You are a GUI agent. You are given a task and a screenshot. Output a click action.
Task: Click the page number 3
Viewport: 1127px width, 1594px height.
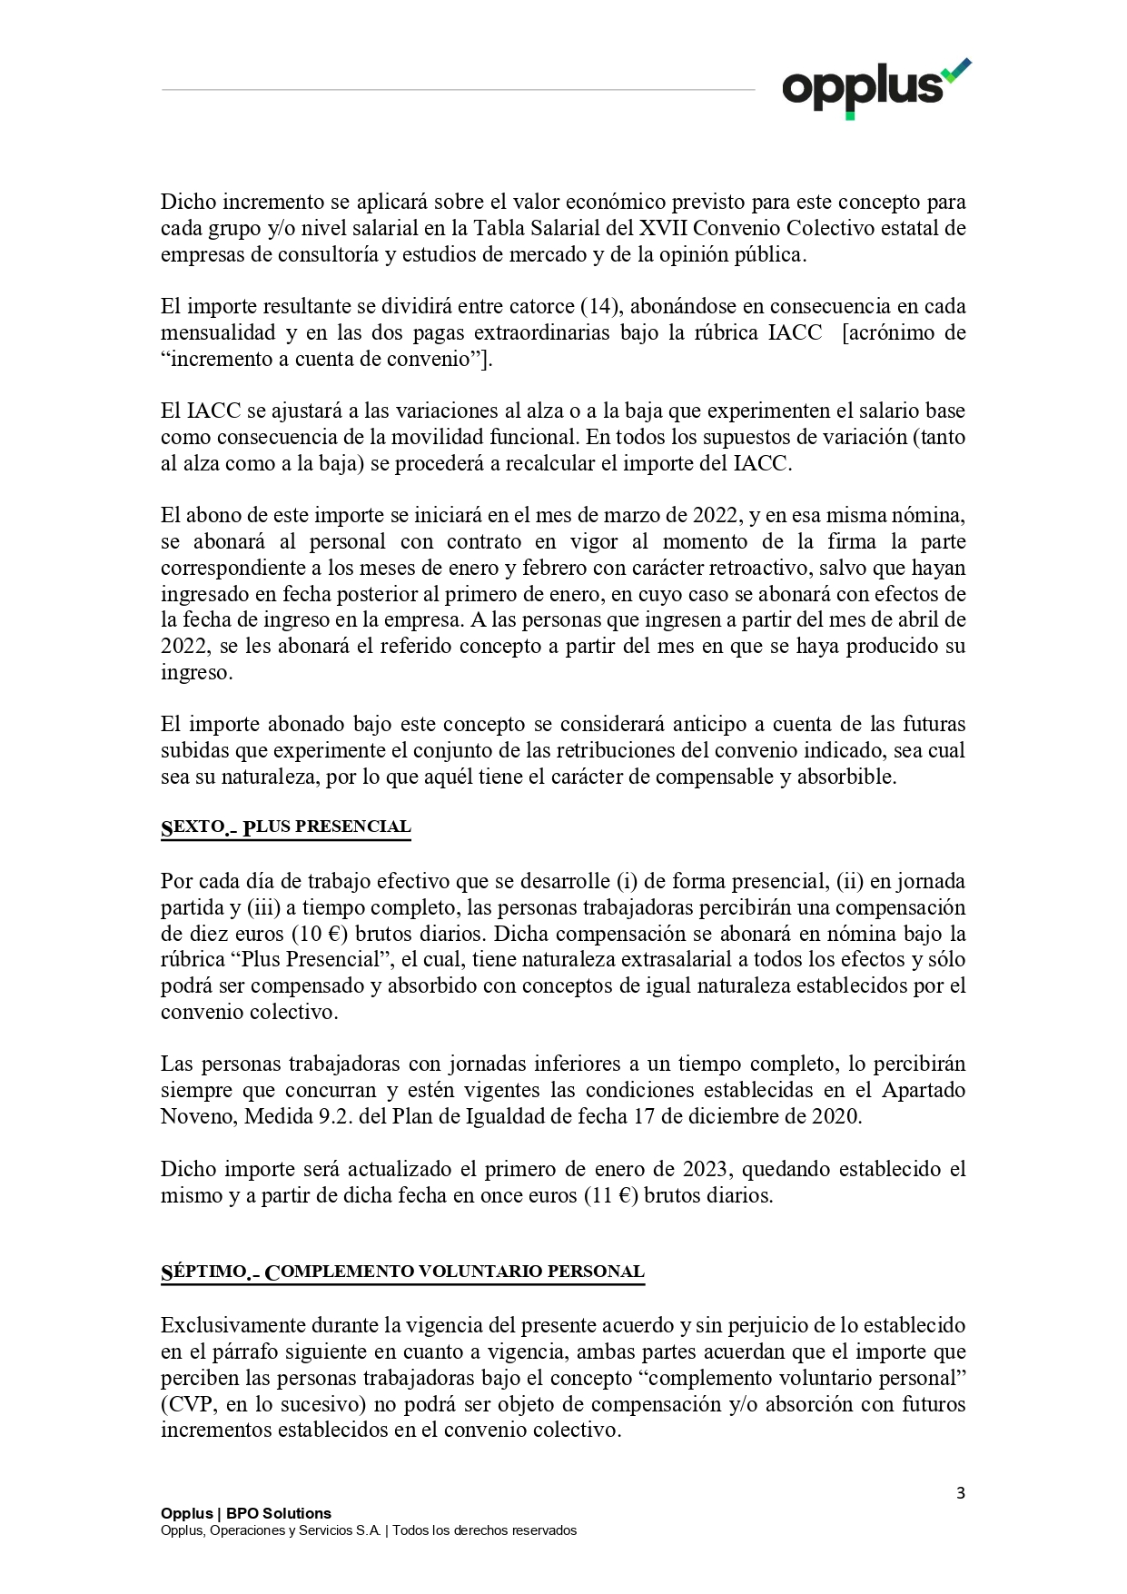960,1493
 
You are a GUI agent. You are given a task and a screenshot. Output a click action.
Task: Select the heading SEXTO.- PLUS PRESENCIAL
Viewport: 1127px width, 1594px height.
286,827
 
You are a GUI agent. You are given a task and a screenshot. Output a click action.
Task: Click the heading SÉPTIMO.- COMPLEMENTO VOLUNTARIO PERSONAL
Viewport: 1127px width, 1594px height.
402,1272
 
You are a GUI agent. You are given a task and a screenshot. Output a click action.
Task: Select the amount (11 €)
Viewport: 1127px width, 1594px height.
611,1195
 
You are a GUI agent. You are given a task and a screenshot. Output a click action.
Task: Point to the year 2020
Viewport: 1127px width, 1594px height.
834,1116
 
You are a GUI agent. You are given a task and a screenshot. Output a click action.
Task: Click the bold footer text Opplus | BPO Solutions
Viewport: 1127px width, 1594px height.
246,1513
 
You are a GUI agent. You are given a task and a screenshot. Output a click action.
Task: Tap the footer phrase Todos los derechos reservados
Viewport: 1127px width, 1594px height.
484,1530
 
